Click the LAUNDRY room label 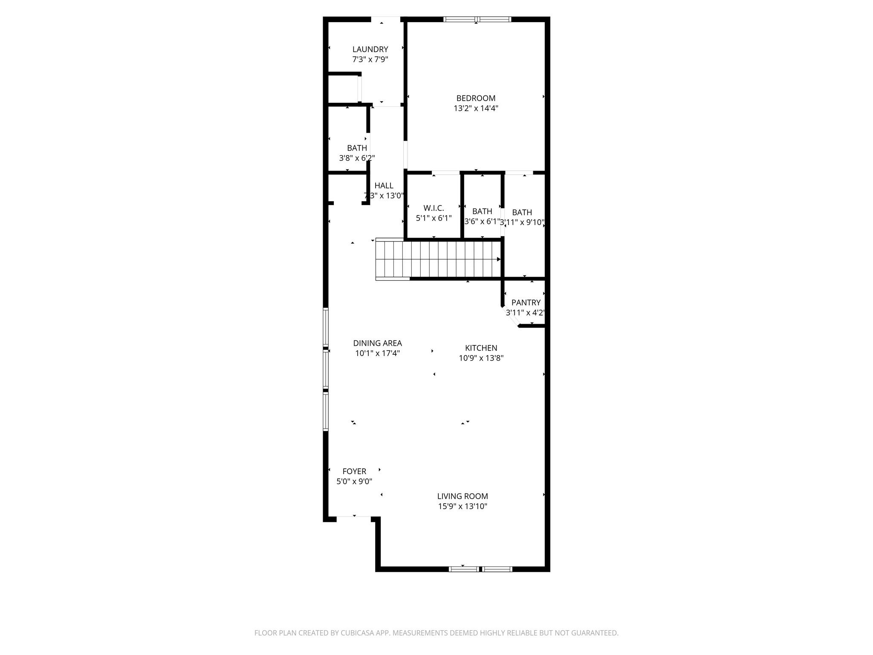(x=370, y=49)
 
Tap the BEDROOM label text (x=476, y=98)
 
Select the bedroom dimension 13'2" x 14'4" (x=476, y=108)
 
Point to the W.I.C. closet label (x=434, y=208)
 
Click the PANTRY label (x=526, y=302)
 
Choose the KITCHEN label (x=481, y=348)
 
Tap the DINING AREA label (x=377, y=343)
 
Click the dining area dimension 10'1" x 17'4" (x=377, y=354)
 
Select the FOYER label (x=354, y=471)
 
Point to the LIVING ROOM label (x=463, y=496)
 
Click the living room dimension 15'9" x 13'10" (x=463, y=507)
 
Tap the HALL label (x=384, y=185)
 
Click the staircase (x=439, y=259)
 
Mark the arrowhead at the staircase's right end (x=499, y=259)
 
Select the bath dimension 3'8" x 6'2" (x=357, y=158)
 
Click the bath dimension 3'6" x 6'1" (x=482, y=222)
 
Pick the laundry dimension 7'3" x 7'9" (x=370, y=60)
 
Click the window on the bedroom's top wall (x=477, y=19)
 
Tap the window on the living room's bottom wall (x=480, y=569)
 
